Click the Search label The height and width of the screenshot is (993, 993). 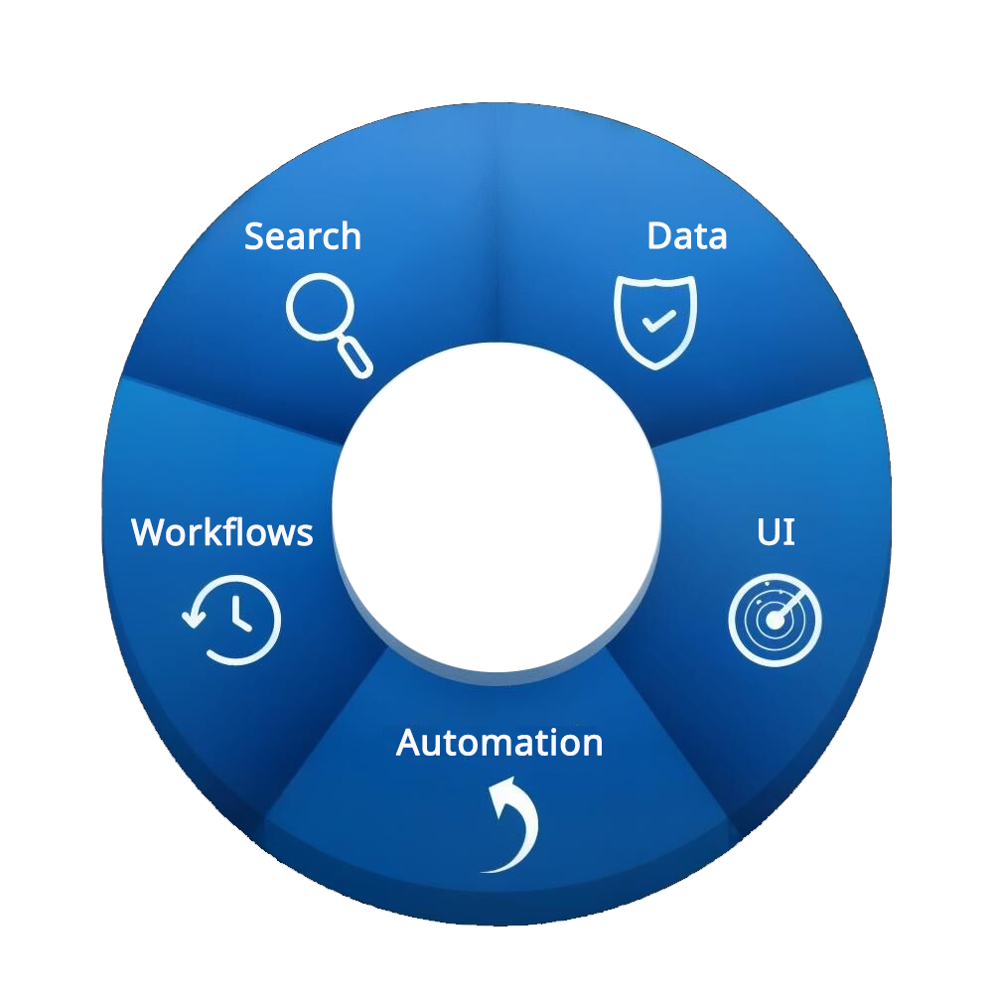click(303, 236)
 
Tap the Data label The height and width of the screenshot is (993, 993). click(687, 236)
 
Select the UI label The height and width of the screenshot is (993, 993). click(775, 532)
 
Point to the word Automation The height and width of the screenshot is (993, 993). click(499, 743)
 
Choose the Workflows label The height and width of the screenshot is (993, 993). click(222, 532)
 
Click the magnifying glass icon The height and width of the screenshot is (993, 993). click(328, 323)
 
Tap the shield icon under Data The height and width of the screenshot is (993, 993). click(655, 322)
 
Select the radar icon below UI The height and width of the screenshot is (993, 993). click(775, 621)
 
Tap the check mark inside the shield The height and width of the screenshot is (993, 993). click(657, 320)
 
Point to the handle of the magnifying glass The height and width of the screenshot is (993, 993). click(355, 357)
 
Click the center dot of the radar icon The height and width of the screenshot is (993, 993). click(775, 622)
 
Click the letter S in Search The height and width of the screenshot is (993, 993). click(255, 237)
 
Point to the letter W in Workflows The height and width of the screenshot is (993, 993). click(150, 533)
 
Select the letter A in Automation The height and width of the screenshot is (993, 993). click(410, 743)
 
